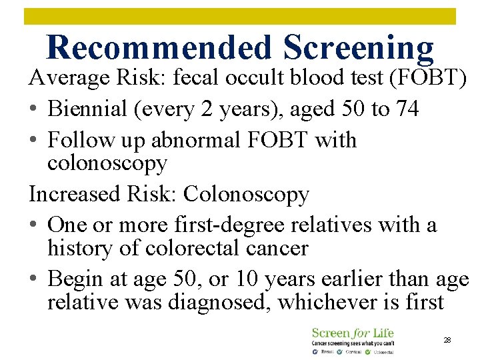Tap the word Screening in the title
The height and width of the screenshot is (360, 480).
[358, 48]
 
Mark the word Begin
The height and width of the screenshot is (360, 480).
[75, 279]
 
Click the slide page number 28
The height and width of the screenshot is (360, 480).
[447, 340]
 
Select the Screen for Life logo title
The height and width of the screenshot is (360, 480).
[353, 333]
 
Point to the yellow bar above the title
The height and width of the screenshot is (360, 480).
[240, 16]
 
